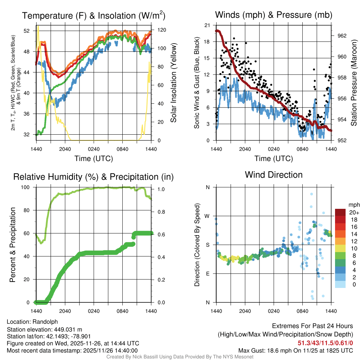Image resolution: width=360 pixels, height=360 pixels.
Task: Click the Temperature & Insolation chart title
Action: (94, 16)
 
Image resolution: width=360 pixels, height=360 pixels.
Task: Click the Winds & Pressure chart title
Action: (274, 15)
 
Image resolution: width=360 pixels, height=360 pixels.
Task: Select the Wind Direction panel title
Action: (274, 175)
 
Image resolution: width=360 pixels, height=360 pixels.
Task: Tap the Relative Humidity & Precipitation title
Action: (94, 177)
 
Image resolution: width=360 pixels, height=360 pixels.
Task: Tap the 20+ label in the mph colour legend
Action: (353, 212)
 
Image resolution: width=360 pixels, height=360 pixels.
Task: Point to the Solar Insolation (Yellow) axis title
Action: (174, 83)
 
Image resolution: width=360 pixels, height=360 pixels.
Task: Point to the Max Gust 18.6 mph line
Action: (295, 350)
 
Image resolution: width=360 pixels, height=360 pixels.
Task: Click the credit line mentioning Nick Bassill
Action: (180, 357)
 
